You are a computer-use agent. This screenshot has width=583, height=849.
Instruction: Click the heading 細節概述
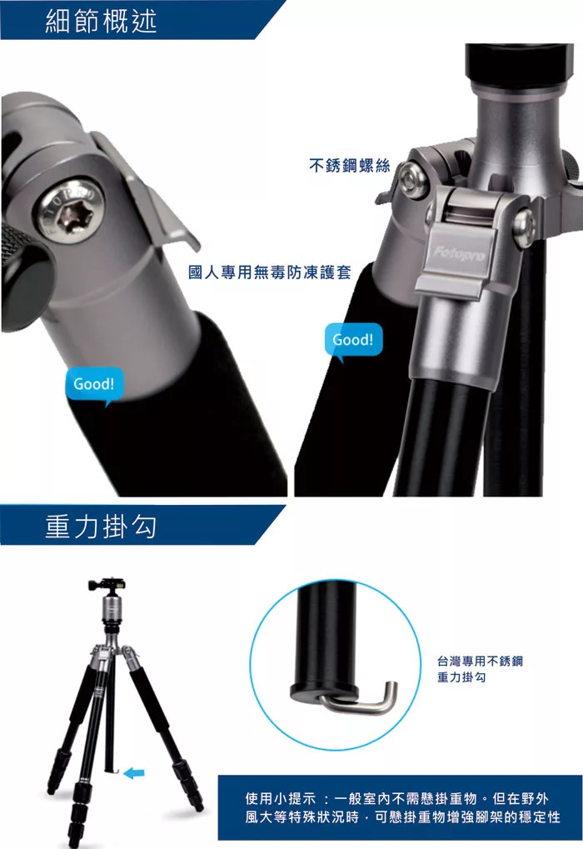(x=101, y=21)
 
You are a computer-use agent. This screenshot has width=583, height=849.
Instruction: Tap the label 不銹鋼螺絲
(x=350, y=165)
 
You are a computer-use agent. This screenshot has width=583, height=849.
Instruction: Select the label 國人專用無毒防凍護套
(x=270, y=272)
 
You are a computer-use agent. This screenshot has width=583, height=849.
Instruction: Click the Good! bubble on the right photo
(x=353, y=341)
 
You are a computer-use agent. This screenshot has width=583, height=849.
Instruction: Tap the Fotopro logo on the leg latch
(x=459, y=252)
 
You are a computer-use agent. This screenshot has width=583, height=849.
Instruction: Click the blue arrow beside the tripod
(x=134, y=773)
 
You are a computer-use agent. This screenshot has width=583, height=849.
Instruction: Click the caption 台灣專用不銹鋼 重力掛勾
(x=480, y=669)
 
